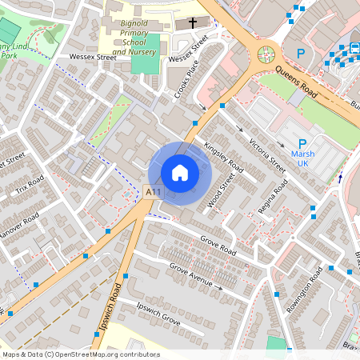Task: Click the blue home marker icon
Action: point(180,172)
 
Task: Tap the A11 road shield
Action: point(154,191)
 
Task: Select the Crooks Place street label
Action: point(186,81)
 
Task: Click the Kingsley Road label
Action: point(223,155)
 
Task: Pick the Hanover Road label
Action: point(19,231)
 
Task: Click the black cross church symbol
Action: point(192,23)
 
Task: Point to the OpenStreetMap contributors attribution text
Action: point(81,354)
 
